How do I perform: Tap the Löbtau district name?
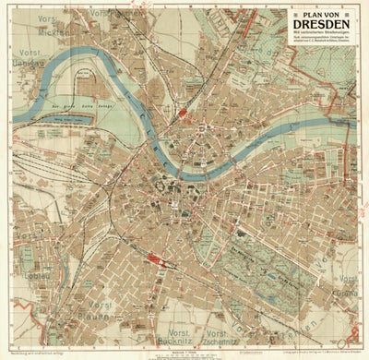20,277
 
